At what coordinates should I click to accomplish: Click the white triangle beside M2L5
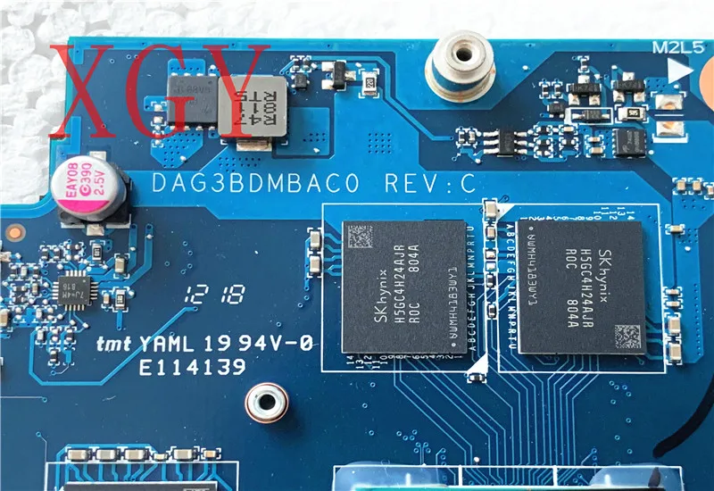click(x=683, y=69)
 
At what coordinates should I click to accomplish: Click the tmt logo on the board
click(x=114, y=344)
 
